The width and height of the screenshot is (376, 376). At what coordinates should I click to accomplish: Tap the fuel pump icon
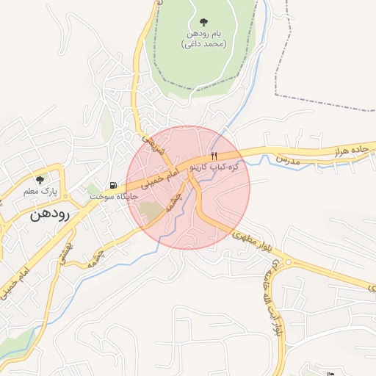112,185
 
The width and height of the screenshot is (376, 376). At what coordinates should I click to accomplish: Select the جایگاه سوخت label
109,197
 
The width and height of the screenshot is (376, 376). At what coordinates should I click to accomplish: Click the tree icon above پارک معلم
40,179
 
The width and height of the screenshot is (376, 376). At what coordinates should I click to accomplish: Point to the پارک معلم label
40,191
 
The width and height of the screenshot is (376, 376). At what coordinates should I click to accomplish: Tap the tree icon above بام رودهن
203,23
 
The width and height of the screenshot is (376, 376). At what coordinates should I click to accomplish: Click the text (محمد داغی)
203,44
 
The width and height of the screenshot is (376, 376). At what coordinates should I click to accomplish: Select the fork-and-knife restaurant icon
214,155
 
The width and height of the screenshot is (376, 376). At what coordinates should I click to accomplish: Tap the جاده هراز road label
349,150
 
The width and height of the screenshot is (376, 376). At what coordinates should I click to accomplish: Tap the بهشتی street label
66,250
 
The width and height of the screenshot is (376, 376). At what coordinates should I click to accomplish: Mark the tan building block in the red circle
152,212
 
